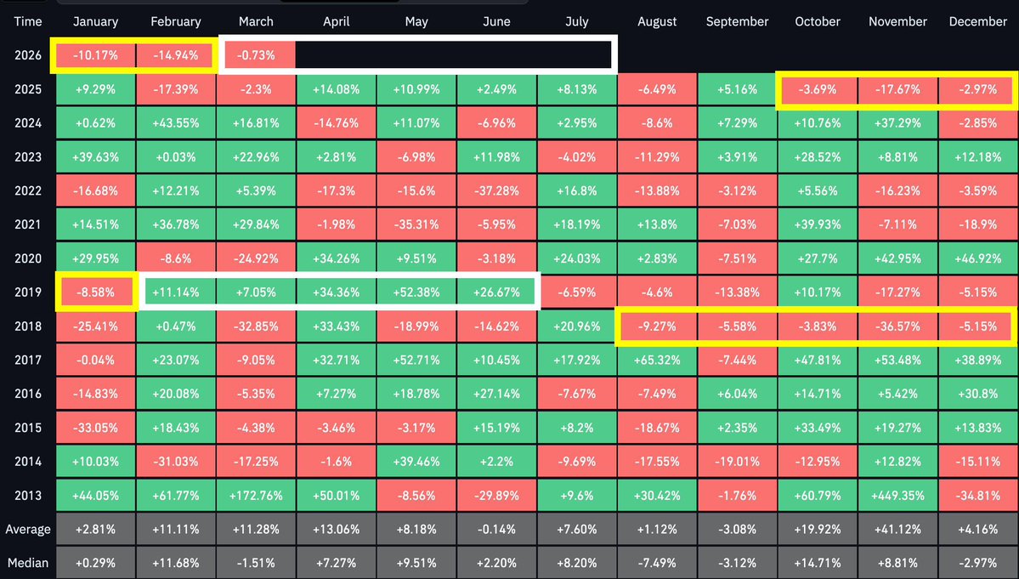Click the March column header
[x=256, y=22]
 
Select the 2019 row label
[x=28, y=292]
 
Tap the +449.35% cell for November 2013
[x=897, y=496]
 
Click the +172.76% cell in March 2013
[x=256, y=496]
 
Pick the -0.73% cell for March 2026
[x=256, y=55]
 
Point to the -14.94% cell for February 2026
[x=175, y=55]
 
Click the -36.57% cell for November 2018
[x=897, y=326]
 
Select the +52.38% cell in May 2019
[x=416, y=292]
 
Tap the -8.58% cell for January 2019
[x=96, y=292]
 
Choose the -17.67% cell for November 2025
[x=897, y=89]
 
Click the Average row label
[x=28, y=530]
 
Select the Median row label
[x=28, y=563]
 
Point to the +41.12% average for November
[x=897, y=530]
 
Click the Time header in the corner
[x=28, y=22]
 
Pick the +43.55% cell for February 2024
[x=175, y=123]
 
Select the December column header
[x=977, y=22]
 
